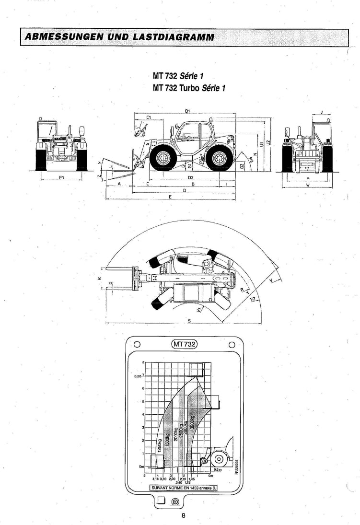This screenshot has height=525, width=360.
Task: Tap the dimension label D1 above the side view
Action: tap(187, 111)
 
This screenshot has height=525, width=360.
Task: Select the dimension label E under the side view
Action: tap(170, 197)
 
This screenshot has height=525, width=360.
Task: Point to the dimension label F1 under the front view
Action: tap(61, 177)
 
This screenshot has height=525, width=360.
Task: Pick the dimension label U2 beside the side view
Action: tap(268, 142)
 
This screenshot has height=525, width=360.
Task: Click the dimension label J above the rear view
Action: tap(322, 112)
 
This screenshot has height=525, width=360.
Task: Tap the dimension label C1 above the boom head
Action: tap(149, 117)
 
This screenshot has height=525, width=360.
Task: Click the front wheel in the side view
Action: tap(160, 158)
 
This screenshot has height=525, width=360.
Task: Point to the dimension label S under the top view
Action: tap(189, 321)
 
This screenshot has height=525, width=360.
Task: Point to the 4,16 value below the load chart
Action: tap(156, 479)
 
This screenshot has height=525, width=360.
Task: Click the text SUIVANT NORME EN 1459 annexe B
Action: tap(184, 487)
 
